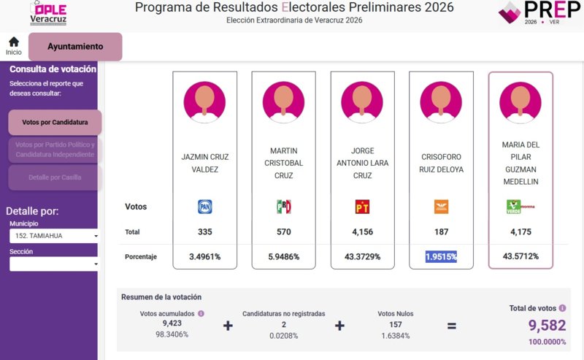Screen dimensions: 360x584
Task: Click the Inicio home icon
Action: tap(13, 42)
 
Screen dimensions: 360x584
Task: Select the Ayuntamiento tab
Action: tap(75, 47)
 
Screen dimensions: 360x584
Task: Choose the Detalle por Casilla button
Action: tap(55, 177)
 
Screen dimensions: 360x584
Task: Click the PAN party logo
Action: tap(205, 207)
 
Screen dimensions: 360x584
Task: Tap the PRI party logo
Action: tap(283, 207)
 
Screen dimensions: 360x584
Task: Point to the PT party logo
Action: tap(362, 207)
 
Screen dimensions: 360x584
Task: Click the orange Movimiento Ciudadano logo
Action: tap(441, 207)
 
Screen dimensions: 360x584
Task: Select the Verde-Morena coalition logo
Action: tap(520, 207)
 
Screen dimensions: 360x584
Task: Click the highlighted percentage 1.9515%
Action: tap(441, 256)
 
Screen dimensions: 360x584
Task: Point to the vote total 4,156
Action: tap(362, 232)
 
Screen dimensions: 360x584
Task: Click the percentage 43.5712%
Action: tap(520, 256)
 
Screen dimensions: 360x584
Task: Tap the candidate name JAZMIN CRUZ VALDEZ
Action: tap(205, 163)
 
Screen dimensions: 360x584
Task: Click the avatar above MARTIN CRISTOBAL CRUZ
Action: tap(283, 100)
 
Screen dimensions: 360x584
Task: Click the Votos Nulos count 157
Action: tap(396, 324)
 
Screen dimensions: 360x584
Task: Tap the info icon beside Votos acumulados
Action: tap(201, 313)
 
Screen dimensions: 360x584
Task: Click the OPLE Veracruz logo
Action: tap(48, 12)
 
